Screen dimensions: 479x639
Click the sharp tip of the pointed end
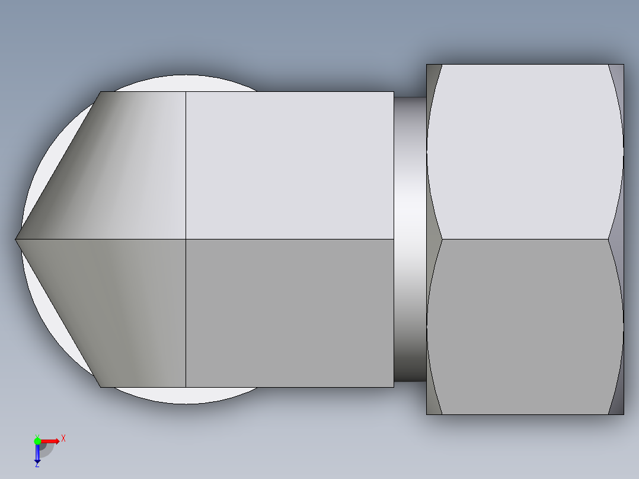click(16, 239)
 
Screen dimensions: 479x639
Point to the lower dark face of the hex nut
click(525, 326)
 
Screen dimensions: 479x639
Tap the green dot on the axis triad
click(37, 440)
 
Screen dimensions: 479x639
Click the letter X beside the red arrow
click(63, 438)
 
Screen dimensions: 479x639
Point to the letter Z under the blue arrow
click(37, 465)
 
